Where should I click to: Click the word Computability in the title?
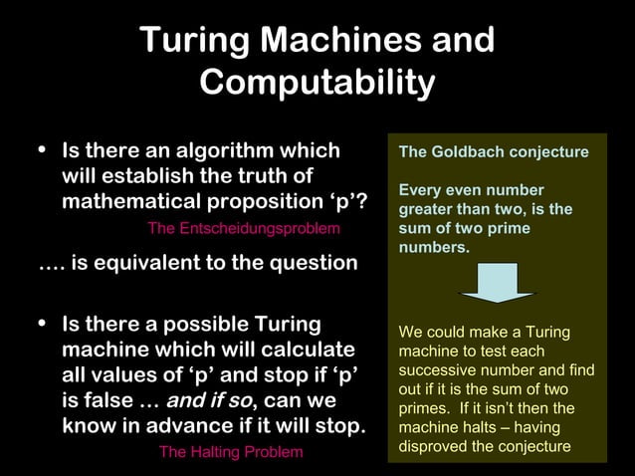(317, 82)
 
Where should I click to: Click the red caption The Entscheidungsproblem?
(244, 229)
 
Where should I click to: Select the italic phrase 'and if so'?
(210, 402)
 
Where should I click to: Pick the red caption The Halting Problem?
(231, 453)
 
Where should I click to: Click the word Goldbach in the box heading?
(470, 152)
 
